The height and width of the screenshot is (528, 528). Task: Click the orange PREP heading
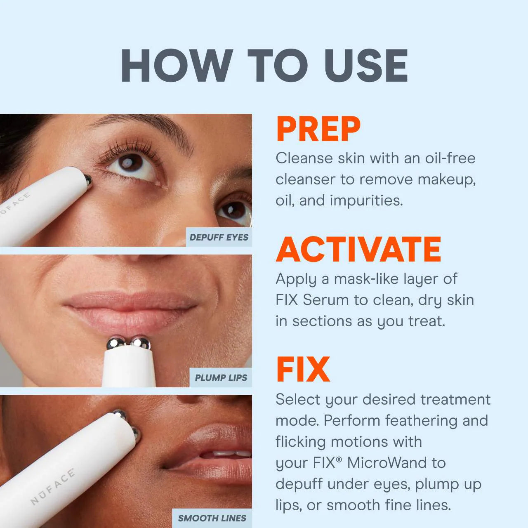[x=318, y=129]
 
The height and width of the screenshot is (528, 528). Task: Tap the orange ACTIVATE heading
[x=358, y=250]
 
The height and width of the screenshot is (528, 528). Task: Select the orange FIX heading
[x=303, y=370]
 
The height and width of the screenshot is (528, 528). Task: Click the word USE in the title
[x=366, y=66]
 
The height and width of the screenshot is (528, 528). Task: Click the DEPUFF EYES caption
[x=219, y=237]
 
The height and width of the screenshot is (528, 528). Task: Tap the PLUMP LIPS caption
[x=221, y=377]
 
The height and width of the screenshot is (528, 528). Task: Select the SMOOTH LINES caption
[x=212, y=518]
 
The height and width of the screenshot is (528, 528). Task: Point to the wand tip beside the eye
[x=87, y=179]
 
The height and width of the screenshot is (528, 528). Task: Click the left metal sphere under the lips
[x=116, y=343]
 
